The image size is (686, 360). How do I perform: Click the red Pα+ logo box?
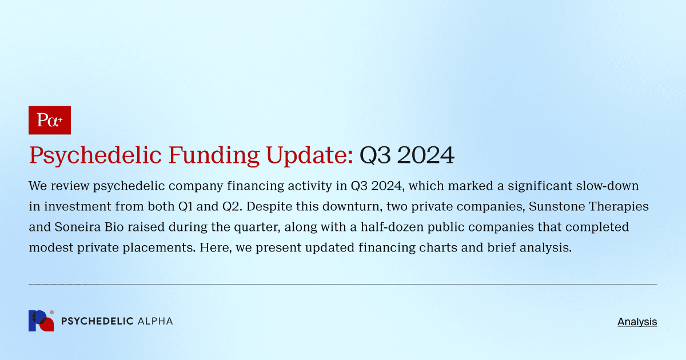pyautogui.click(x=49, y=120)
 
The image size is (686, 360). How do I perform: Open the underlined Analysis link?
pyautogui.click(x=637, y=322)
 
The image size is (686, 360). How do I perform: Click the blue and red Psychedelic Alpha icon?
pyautogui.click(x=41, y=321)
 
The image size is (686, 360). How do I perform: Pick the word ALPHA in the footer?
pyautogui.click(x=155, y=321)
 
